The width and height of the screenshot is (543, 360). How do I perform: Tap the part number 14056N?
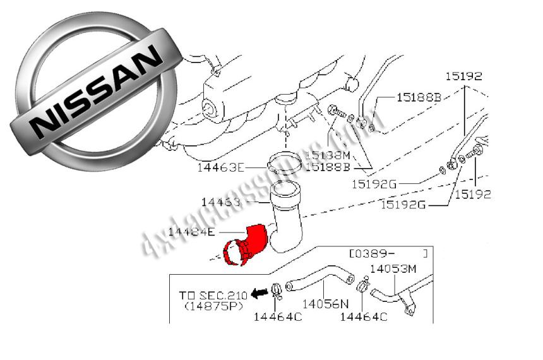[x=325, y=304]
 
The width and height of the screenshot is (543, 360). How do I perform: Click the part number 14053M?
[x=393, y=269]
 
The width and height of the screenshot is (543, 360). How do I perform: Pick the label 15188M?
[x=326, y=155]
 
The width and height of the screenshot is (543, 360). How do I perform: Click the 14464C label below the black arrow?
[x=277, y=316]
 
